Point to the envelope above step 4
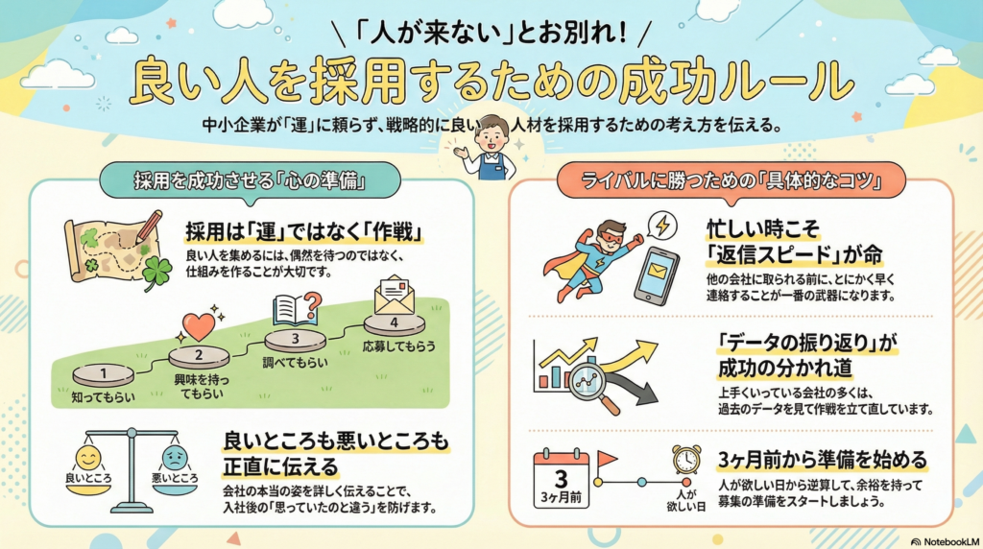tap(395, 295)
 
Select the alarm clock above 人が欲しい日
tap(686, 459)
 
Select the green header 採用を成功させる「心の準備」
tap(252, 179)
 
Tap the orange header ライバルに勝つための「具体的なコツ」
tap(731, 179)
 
